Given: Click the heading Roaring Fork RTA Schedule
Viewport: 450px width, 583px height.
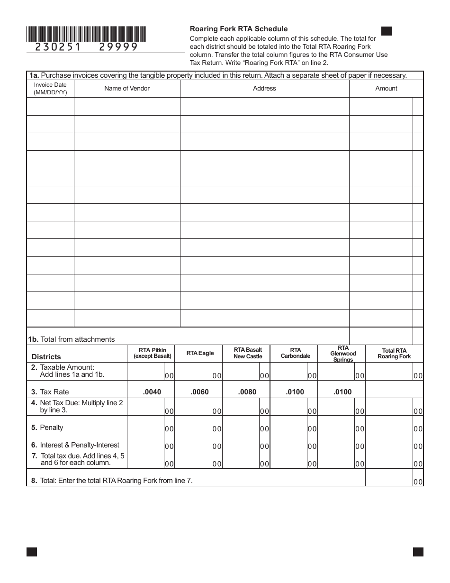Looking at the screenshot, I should (x=239, y=29).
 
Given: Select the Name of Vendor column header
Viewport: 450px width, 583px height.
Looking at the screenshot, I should (x=127, y=89).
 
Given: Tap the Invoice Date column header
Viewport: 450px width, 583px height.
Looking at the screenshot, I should (x=50, y=89).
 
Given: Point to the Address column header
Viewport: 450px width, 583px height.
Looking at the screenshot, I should (x=264, y=89).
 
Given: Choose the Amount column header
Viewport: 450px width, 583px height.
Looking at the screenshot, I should (x=386, y=89).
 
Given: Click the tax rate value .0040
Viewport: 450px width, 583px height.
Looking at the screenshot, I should (x=152, y=392).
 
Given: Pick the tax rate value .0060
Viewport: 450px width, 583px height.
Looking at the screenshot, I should (x=199, y=392).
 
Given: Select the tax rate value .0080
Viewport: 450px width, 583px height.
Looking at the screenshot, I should (x=247, y=392).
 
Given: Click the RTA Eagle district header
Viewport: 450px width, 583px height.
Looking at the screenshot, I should (x=200, y=353).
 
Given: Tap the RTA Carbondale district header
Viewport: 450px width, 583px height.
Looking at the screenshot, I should (x=296, y=353).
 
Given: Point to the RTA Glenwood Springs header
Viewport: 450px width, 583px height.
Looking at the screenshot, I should (x=343, y=354).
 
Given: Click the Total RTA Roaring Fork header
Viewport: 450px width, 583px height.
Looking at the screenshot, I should (x=394, y=354).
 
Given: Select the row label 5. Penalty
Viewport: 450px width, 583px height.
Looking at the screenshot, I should (x=47, y=428).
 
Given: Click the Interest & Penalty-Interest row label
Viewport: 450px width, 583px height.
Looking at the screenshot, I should (x=75, y=445).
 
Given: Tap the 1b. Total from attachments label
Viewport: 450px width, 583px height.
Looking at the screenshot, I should (x=71, y=339).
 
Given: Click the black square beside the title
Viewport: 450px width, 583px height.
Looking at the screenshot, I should (x=387, y=31).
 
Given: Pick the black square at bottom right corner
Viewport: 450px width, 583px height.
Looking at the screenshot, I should (x=418, y=552).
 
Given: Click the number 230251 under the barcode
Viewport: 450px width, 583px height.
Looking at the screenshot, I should (x=58, y=47).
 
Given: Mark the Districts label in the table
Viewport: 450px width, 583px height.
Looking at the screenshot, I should (x=46, y=357).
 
